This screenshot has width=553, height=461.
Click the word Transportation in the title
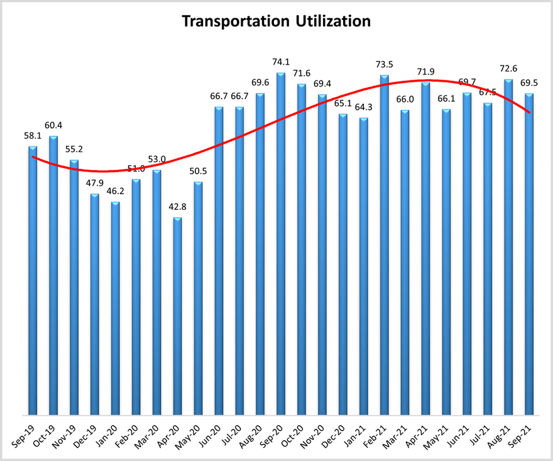tap(236, 21)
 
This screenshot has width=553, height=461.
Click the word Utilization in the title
tap(333, 21)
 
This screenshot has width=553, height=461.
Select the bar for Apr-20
tap(177, 316)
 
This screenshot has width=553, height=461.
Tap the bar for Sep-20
tap(281, 244)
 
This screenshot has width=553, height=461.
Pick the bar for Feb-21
tap(385, 245)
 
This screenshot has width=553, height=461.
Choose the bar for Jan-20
tap(116, 308)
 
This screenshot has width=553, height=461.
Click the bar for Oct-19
tap(53, 275)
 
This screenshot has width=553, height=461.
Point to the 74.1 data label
tap(281, 62)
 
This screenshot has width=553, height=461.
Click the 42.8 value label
tap(177, 207)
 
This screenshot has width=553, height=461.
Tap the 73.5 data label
tap(385, 65)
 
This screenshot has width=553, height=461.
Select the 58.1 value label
tap(33, 136)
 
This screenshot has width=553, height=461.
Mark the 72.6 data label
tap(508, 68)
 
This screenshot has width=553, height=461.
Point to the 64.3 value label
tap(364, 107)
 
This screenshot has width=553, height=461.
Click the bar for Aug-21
tap(508, 247)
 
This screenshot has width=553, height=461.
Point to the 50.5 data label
tap(198, 171)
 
